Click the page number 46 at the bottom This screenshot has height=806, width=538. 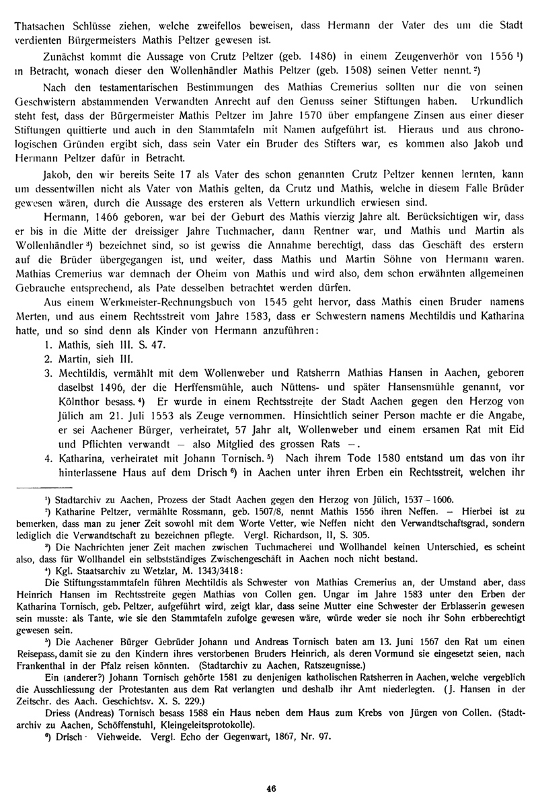pos(272,789)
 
